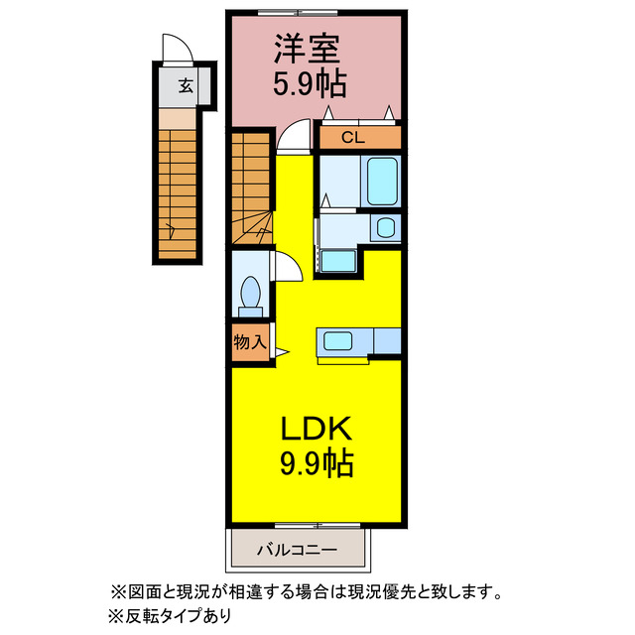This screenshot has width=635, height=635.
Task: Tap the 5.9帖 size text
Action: coord(310,85)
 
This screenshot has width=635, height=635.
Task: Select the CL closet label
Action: coord(353,138)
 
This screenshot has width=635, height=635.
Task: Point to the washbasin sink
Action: coord(385,228)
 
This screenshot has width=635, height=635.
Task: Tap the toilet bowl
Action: coord(251,293)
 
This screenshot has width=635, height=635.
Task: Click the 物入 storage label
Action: coord(249,342)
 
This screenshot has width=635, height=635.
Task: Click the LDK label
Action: coord(316,428)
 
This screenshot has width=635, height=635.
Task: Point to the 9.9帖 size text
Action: coord(316,463)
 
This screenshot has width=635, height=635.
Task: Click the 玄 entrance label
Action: coord(186,86)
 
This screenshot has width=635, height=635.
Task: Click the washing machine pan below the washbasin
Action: coord(339,260)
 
